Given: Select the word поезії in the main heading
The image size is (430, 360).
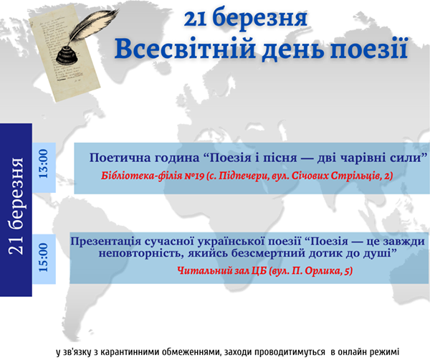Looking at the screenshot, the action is tap(368, 49).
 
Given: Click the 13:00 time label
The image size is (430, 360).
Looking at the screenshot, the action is tap(43, 164).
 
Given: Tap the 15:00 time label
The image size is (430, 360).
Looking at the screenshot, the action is tap(43, 257).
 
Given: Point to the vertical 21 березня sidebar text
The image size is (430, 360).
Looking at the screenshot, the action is tap(16, 206).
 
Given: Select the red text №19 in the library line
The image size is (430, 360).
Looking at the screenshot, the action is tap(194, 176).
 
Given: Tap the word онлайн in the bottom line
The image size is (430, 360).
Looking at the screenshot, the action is tap(353, 352).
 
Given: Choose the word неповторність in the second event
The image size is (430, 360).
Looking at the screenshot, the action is tap(141, 253).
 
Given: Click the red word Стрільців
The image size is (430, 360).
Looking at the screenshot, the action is tap(355, 176).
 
